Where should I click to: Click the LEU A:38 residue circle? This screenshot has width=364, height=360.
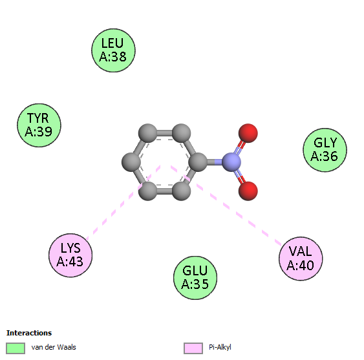(x=113, y=50)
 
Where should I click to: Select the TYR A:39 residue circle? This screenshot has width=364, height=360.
(x=39, y=125)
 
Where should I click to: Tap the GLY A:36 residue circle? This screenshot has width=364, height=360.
(x=325, y=150)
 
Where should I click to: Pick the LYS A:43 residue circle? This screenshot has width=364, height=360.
(x=70, y=255)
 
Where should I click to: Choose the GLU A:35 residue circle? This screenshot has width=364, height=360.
(x=195, y=278)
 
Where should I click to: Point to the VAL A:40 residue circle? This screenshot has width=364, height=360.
(x=301, y=259)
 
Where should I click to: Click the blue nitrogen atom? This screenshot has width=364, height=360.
(x=231, y=162)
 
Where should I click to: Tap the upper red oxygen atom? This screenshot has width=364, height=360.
(x=248, y=133)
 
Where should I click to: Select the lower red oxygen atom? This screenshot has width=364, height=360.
(x=248, y=191)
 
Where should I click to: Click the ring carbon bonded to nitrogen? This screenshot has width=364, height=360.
(x=198, y=162)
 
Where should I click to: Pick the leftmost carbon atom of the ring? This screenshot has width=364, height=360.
(x=131, y=162)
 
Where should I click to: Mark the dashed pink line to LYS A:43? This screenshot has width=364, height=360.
(x=123, y=202)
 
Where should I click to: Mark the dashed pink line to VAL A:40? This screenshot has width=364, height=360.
(x=226, y=206)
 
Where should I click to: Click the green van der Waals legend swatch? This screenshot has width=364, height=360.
(x=16, y=348)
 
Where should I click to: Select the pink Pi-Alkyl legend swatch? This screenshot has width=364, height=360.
(x=193, y=348)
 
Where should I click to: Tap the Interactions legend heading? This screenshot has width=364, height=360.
(x=29, y=333)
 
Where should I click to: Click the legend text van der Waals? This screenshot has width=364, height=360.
(x=54, y=347)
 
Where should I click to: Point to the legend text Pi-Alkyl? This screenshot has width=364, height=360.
(x=220, y=347)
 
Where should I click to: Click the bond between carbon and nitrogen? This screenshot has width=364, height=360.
(x=215, y=162)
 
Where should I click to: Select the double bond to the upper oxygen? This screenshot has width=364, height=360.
(x=240, y=147)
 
